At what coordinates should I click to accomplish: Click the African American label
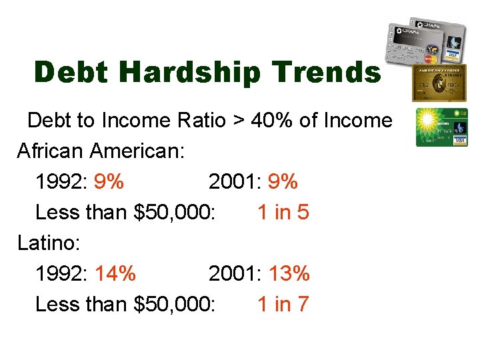[x=101, y=151]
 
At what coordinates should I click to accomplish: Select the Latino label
[x=49, y=243]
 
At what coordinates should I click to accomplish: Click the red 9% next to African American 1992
[x=109, y=182]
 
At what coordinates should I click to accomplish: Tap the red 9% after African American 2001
[x=282, y=182]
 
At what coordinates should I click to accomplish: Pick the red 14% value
[x=115, y=273]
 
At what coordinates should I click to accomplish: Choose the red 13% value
[x=289, y=273]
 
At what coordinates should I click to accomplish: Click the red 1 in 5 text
[x=283, y=213]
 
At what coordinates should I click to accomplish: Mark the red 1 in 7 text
[x=283, y=304]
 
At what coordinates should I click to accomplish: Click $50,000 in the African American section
[x=174, y=213]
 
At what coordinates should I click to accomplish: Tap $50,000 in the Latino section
[x=174, y=304]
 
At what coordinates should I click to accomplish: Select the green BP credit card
[x=441, y=127]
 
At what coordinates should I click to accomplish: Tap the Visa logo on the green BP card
[x=459, y=139]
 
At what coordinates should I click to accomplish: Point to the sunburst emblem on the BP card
[x=427, y=121]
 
